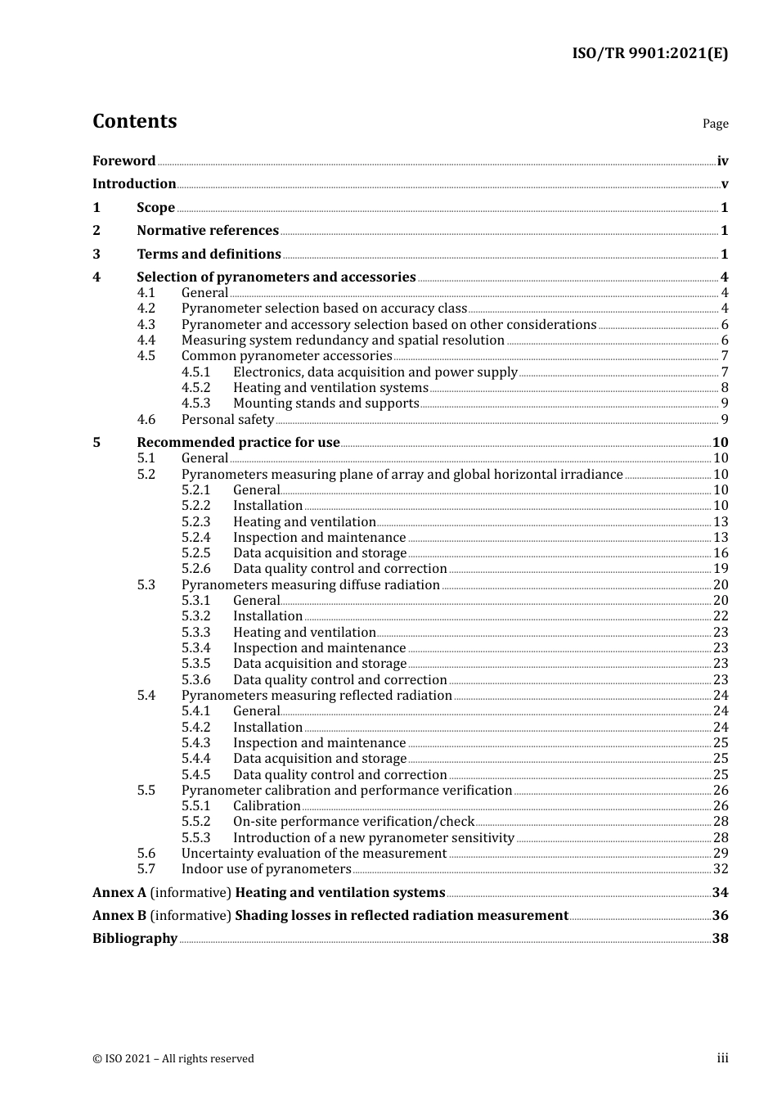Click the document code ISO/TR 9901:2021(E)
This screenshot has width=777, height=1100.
[x=649, y=54]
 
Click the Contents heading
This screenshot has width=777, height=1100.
[x=134, y=121]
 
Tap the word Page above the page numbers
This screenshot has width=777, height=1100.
[x=715, y=124]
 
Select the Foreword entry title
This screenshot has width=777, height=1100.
[x=124, y=161]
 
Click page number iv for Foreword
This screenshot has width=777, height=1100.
[x=722, y=161]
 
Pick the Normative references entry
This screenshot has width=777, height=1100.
[x=208, y=231]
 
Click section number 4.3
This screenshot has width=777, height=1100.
[x=146, y=325]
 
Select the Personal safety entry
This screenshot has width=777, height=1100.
[x=227, y=420]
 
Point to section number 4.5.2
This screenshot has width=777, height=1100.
[x=195, y=388]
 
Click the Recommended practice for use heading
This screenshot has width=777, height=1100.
[x=238, y=443]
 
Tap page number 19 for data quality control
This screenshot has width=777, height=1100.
[x=721, y=569]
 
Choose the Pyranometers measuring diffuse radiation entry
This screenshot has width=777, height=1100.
[x=310, y=585]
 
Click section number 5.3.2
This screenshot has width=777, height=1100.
[x=195, y=616]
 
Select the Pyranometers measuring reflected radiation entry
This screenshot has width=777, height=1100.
[x=317, y=696]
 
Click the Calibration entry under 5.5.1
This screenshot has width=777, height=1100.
[x=267, y=806]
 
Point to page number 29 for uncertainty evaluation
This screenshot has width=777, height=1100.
[x=721, y=854]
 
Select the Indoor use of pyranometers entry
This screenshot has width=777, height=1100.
[x=266, y=869]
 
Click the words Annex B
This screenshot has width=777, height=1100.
[x=119, y=916]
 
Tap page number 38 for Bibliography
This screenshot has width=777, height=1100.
[x=720, y=939]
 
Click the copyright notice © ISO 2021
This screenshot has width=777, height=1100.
[x=173, y=1059]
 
